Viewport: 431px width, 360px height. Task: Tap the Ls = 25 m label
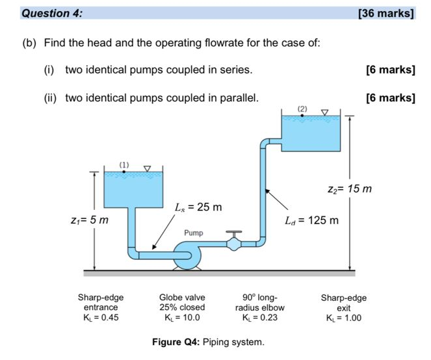pyautogui.click(x=198, y=207)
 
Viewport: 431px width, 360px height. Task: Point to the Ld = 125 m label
pyautogui.click(x=312, y=220)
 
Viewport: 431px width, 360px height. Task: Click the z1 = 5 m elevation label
pyautogui.click(x=89, y=220)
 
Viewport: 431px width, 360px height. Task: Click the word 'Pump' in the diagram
pyautogui.click(x=194, y=232)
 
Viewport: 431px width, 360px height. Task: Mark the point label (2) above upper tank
pyautogui.click(x=301, y=107)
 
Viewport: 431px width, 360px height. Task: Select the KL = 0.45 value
pyautogui.click(x=101, y=318)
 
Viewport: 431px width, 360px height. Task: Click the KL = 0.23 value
pyautogui.click(x=259, y=318)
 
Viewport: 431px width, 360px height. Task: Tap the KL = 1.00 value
pyautogui.click(x=343, y=318)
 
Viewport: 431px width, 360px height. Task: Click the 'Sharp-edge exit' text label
pyautogui.click(x=343, y=302)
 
